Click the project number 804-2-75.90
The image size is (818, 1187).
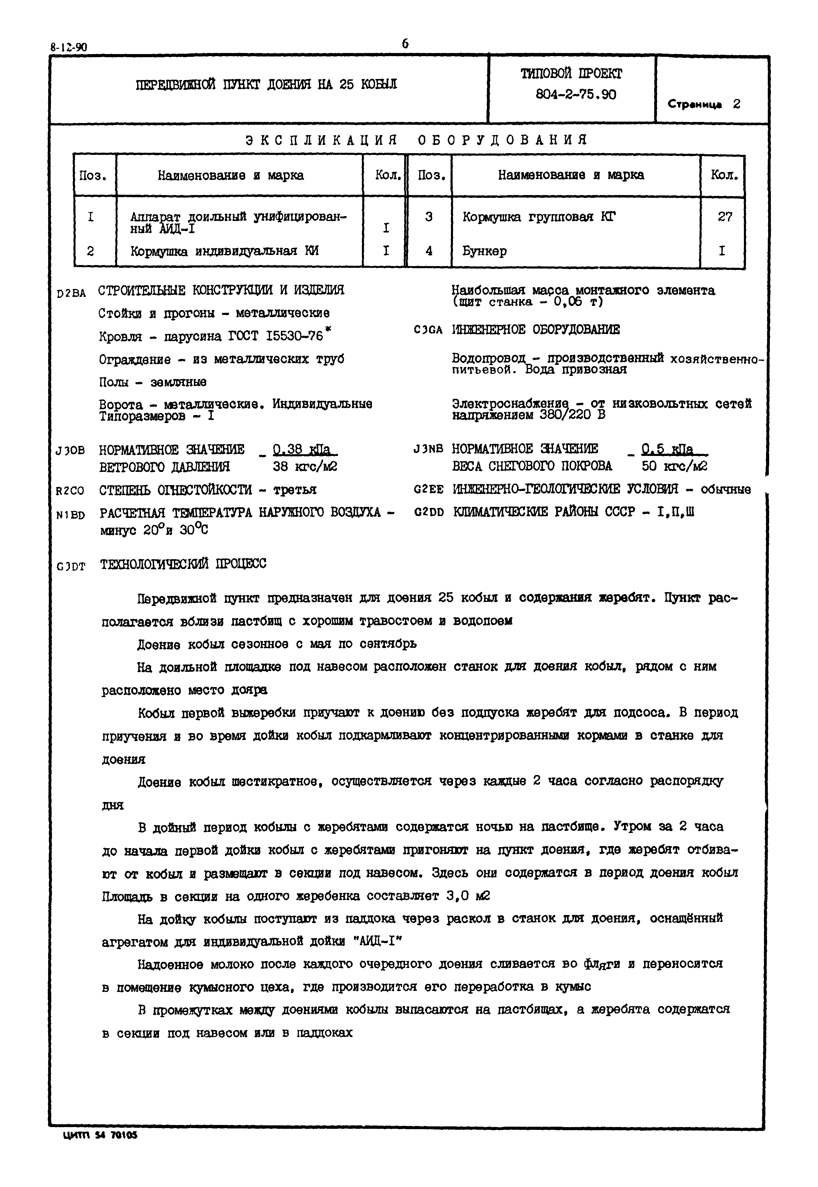tap(576, 95)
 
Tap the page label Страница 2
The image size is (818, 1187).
tap(704, 104)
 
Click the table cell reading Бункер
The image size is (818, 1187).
tap(484, 251)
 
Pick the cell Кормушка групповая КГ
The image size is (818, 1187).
tap(539, 217)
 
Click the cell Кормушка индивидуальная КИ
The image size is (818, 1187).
tap(224, 251)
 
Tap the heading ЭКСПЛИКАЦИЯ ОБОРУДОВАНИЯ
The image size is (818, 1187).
tap(416, 140)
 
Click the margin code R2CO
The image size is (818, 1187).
tap(70, 491)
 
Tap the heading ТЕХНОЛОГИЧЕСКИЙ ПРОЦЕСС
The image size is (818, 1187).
tap(183, 564)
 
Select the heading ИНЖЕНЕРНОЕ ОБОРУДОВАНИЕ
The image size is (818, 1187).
tap(536, 330)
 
